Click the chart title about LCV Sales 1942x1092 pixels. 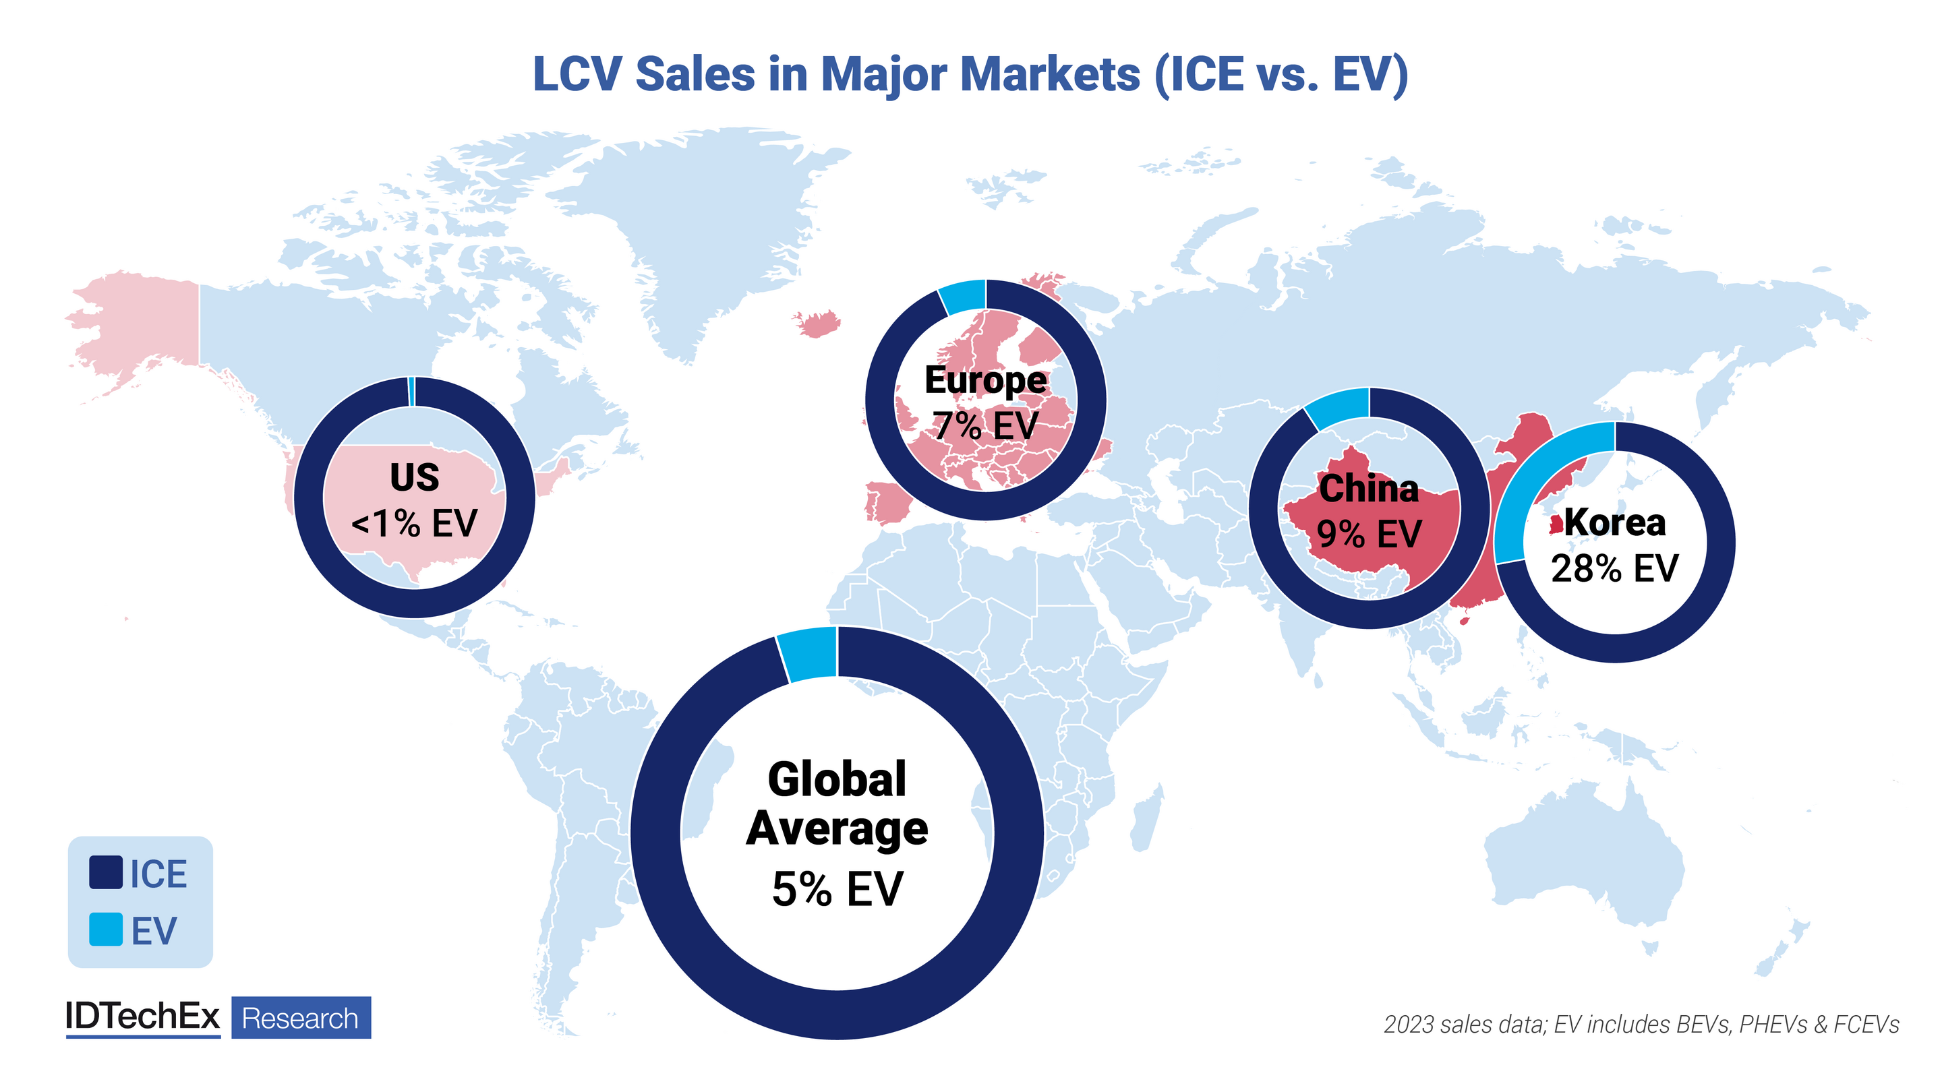970,74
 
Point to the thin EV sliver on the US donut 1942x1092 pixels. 411,391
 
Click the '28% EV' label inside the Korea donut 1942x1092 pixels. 1615,568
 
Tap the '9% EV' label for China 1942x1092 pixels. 1368,535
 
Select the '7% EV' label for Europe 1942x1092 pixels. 985,426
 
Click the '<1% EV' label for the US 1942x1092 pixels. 415,523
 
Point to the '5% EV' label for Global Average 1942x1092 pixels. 837,888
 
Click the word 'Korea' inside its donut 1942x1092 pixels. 1615,522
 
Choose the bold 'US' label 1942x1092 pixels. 415,477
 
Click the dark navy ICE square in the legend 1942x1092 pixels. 106,873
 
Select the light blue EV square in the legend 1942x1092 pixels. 106,930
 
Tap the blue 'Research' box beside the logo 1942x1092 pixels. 301,1018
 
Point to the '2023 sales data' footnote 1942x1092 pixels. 1641,1024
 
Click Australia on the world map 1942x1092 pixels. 1583,859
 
